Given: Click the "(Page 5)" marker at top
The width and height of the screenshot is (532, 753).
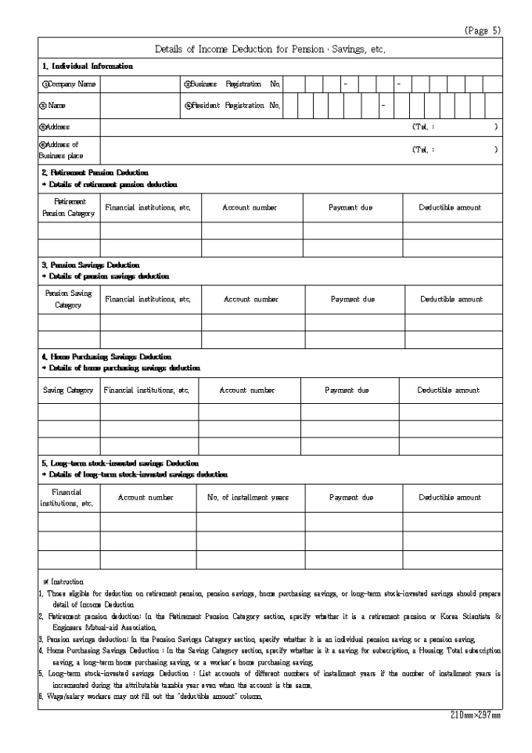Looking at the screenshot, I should (x=483, y=31).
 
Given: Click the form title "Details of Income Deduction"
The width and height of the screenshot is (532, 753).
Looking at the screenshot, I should (x=270, y=49).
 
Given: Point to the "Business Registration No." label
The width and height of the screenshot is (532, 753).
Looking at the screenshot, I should (x=232, y=84).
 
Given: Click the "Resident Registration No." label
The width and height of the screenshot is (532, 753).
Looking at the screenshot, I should (x=232, y=105).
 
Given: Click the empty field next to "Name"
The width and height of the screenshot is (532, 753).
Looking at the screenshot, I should (x=140, y=105).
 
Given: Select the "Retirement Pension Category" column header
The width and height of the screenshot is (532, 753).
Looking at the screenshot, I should (x=69, y=207).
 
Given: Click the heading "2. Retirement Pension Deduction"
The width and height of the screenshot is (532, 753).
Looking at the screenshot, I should (x=94, y=172).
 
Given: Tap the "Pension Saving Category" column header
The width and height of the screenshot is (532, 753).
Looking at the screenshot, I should (x=68, y=299).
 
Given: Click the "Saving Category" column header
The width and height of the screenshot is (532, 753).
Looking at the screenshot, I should (x=68, y=390).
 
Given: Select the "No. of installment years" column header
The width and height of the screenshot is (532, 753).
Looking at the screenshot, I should (x=248, y=497).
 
